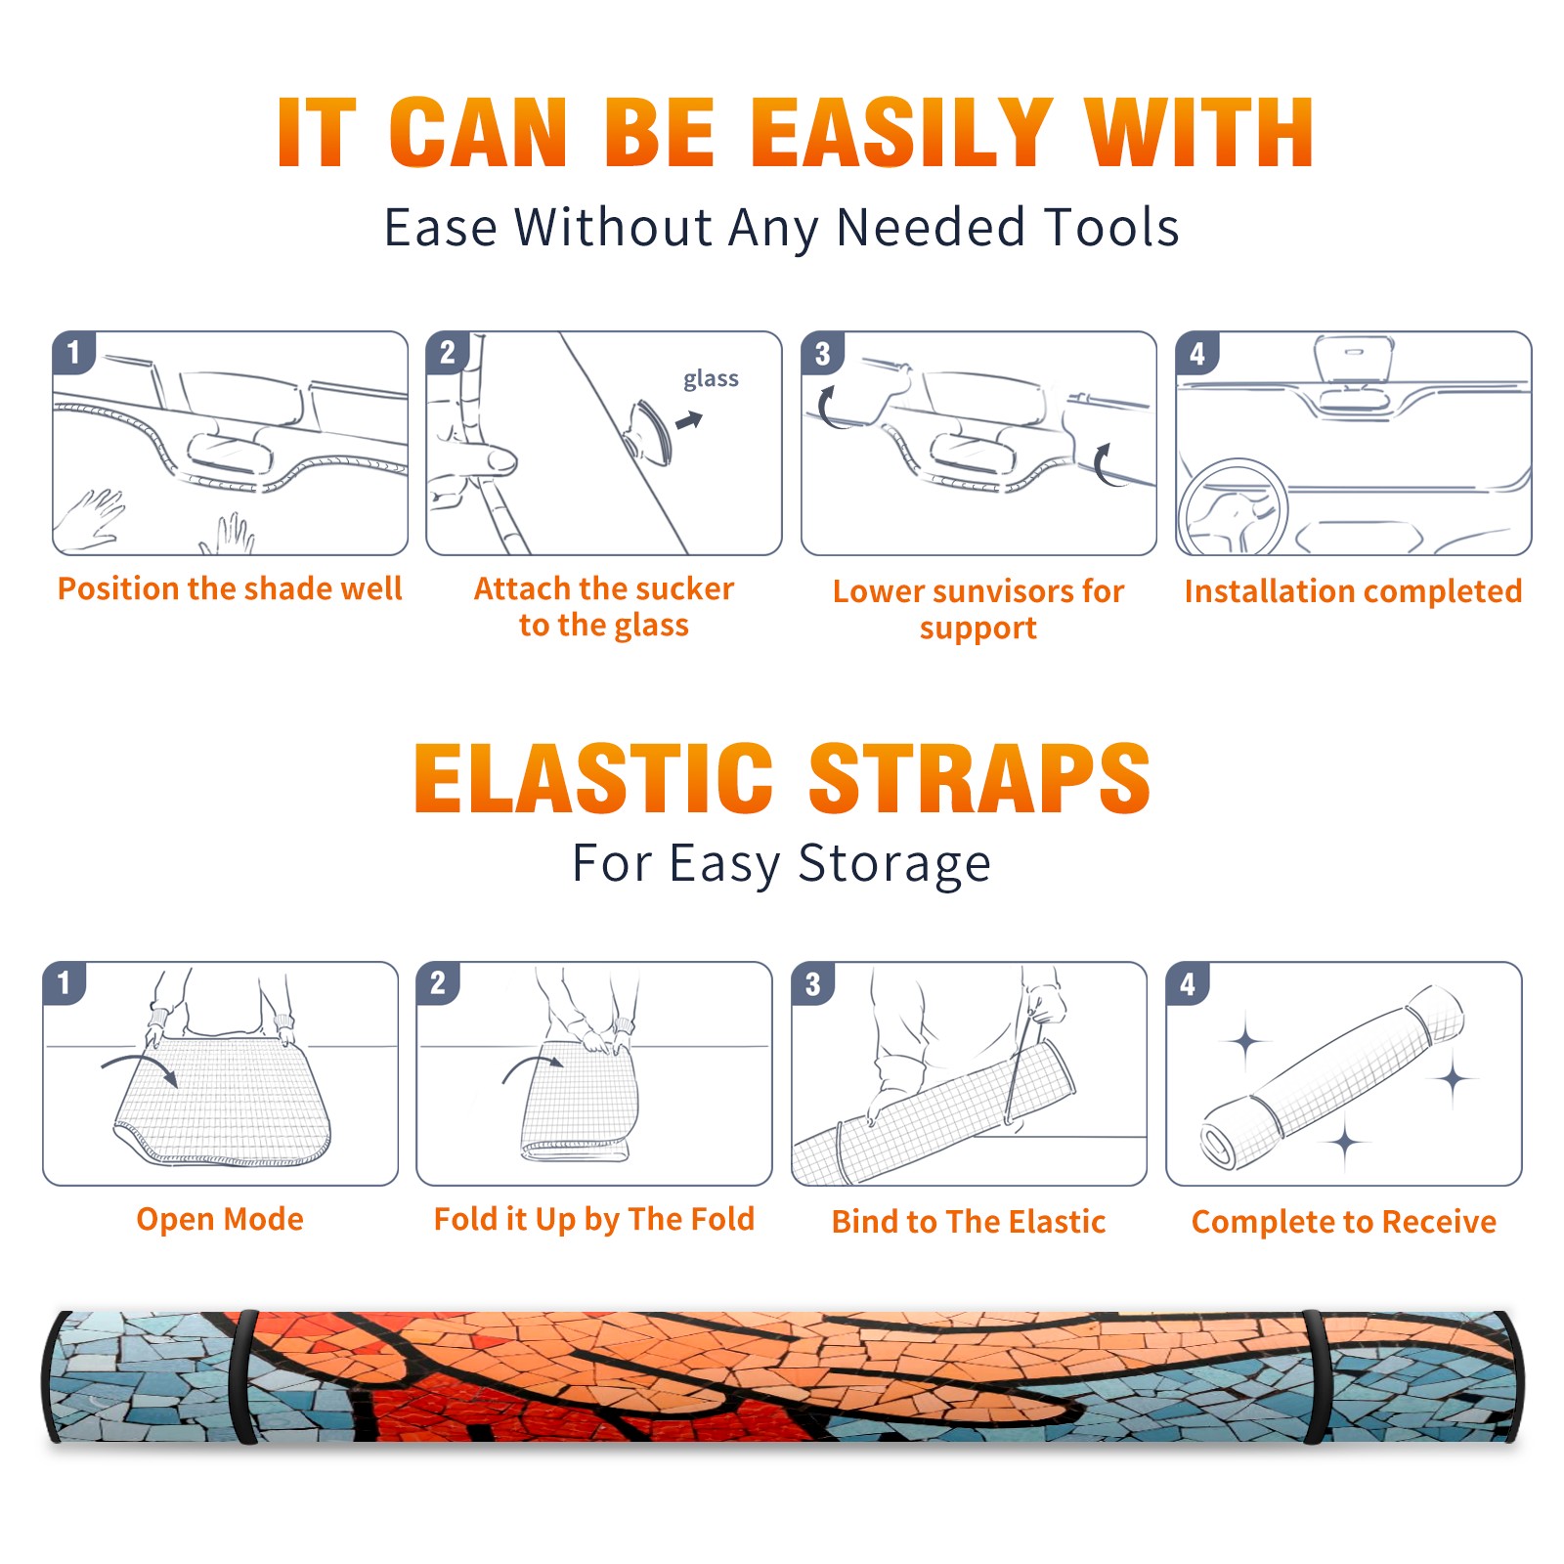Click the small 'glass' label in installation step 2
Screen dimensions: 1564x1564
[711, 378]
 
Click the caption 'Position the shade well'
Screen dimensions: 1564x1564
[230, 588]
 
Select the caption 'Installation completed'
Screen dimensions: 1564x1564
[1353, 591]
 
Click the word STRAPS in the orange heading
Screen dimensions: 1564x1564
[979, 778]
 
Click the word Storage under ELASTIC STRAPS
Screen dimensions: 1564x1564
[894, 864]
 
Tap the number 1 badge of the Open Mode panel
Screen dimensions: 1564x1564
[65, 982]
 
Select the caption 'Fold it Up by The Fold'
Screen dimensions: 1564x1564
[594, 1219]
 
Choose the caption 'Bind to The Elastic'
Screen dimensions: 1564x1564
[969, 1222]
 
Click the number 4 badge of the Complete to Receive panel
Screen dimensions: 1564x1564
[1188, 983]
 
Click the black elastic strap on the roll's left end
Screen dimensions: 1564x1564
[244, 1377]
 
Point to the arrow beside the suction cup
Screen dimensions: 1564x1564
[689, 420]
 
